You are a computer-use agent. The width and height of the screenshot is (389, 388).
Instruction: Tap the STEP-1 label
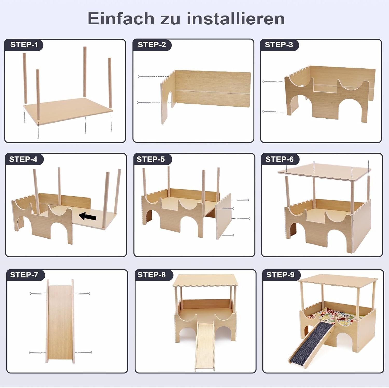[24, 45]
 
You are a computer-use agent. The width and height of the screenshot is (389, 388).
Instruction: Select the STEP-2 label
[152, 45]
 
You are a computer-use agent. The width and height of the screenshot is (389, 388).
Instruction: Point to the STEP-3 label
[279, 45]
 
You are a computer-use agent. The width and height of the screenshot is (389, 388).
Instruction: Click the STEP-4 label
[23, 159]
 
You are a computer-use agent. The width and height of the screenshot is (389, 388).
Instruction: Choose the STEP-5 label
[151, 159]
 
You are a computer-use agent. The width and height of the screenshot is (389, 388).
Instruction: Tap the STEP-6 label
[279, 159]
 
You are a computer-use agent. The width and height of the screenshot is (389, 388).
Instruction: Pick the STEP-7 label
[24, 275]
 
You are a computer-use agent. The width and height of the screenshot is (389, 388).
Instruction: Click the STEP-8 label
[151, 275]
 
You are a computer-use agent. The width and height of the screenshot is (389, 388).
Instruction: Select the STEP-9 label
[280, 275]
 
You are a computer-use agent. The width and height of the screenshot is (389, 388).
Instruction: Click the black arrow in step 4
[87, 216]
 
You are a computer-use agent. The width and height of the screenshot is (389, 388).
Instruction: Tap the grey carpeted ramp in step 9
[311, 342]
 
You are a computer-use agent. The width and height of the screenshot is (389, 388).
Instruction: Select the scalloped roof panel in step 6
[324, 171]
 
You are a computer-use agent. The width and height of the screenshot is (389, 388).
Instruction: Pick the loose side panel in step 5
[224, 216]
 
